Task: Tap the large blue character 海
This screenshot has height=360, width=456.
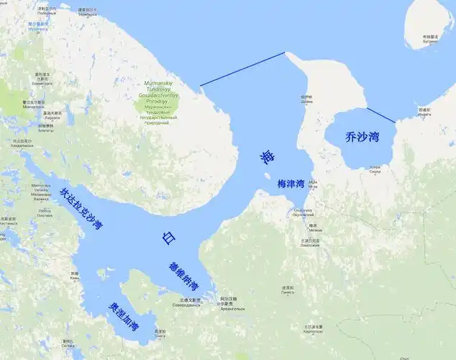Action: (x=268, y=156)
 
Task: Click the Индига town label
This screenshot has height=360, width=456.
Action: (x=424, y=111)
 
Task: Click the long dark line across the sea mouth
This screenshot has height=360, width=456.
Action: (x=242, y=69)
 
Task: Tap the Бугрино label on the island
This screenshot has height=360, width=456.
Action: (x=430, y=38)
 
